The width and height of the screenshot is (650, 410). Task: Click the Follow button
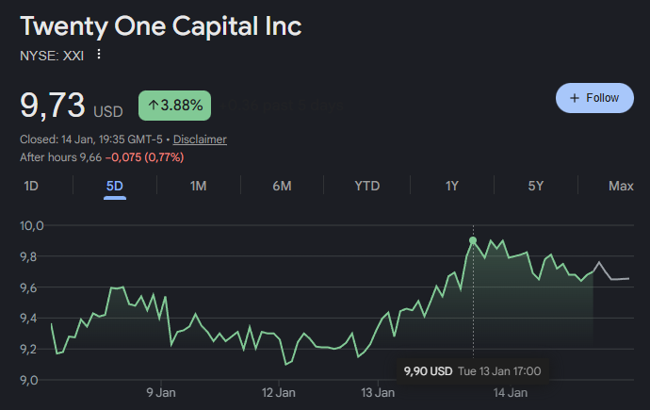click(x=593, y=98)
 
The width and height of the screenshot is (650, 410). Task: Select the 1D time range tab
click(x=31, y=186)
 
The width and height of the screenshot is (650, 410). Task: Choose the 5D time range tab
click(x=115, y=186)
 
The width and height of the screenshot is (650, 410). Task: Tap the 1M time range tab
click(x=198, y=186)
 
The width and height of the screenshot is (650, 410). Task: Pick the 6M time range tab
click(x=282, y=186)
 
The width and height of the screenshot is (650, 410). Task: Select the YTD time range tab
click(x=366, y=186)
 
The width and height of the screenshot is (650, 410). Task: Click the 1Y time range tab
click(x=451, y=186)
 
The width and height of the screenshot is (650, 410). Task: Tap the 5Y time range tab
click(x=536, y=186)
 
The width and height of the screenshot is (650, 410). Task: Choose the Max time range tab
click(x=621, y=186)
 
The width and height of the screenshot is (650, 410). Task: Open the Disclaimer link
click(x=200, y=139)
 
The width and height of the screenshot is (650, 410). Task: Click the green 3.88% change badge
click(x=175, y=106)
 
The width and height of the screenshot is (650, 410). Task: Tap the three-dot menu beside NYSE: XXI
click(x=99, y=55)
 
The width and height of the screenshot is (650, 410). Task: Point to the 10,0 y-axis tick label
click(x=33, y=225)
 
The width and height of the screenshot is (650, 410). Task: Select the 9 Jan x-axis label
click(x=161, y=391)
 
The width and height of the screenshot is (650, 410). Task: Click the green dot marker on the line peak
click(x=473, y=240)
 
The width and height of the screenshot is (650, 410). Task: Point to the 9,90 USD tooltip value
click(x=428, y=370)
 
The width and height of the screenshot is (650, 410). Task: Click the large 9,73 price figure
click(x=53, y=105)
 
